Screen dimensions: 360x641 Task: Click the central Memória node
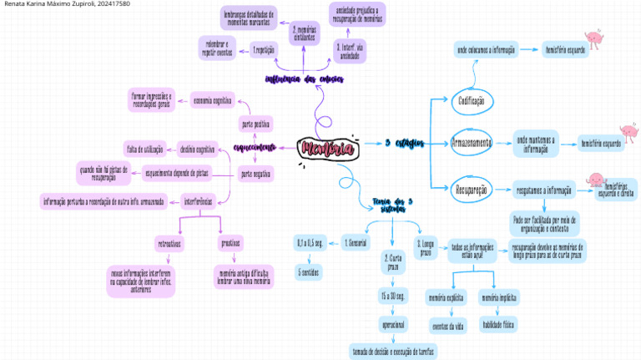coord(327,149)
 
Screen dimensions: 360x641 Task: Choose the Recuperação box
coord(471,189)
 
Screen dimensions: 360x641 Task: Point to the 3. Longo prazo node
coord(425,247)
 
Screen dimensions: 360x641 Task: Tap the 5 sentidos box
coord(308,272)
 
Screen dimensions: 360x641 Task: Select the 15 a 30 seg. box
coord(392,297)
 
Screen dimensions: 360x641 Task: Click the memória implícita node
coord(498,297)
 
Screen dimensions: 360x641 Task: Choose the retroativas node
coord(170,244)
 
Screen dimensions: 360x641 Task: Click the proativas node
coord(230,244)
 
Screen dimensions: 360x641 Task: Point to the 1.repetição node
coord(263,51)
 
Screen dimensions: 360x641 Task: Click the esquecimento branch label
coord(255,149)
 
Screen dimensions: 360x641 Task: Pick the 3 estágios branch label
coord(406,144)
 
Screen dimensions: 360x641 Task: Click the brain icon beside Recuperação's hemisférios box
coord(596,180)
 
